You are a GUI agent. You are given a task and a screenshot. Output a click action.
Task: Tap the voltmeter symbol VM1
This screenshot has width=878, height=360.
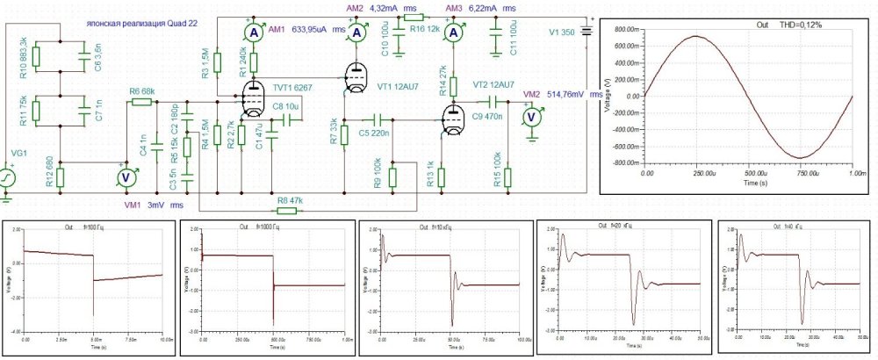(x=125, y=176)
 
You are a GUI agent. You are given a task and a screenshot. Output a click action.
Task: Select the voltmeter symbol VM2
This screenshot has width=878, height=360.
(x=529, y=118)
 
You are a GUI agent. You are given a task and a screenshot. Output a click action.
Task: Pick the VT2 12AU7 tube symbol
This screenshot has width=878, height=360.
(x=453, y=120)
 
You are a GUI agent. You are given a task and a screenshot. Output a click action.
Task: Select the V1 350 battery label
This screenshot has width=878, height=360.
(x=561, y=32)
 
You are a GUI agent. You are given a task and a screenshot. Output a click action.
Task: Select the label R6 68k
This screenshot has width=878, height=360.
(x=141, y=91)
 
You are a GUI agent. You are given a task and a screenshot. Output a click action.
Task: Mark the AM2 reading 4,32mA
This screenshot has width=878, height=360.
(x=383, y=7)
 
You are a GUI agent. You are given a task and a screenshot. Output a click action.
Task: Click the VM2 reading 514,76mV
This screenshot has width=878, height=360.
(x=568, y=94)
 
